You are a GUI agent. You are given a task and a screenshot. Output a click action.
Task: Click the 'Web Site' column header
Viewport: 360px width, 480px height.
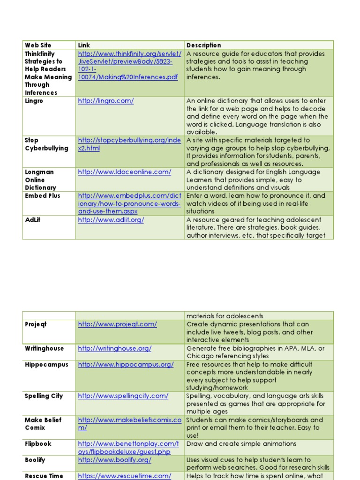[x=38, y=45]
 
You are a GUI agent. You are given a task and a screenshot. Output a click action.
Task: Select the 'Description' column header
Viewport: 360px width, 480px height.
[x=203, y=45]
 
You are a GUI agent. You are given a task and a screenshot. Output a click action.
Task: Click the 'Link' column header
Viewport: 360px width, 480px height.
[x=84, y=45]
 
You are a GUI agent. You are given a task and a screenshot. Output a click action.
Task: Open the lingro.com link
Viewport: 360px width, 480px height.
[x=106, y=101]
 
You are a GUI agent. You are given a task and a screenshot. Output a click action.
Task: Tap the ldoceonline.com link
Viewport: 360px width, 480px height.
[x=124, y=172]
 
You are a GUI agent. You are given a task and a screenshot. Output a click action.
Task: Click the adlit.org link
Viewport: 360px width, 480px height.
[x=111, y=220]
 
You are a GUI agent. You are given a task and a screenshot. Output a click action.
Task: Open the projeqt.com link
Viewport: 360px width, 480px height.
[x=117, y=324]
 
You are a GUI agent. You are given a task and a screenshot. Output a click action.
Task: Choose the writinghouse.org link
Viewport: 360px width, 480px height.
[x=114, y=349]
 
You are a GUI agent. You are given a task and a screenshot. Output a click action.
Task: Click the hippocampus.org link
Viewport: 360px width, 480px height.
[x=126, y=365]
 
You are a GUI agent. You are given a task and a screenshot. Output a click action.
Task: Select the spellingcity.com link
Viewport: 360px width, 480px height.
[x=123, y=396]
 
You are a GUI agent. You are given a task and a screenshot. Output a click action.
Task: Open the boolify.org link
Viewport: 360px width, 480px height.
[x=114, y=460]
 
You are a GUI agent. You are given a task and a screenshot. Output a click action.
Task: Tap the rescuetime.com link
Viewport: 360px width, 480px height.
[x=124, y=476]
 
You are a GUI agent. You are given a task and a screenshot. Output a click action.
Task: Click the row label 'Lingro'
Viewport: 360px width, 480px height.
[x=34, y=101]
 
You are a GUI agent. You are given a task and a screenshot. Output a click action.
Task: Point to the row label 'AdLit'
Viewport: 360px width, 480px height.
[x=32, y=220]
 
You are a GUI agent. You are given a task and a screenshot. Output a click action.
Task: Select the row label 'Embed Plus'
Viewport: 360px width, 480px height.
[x=42, y=196]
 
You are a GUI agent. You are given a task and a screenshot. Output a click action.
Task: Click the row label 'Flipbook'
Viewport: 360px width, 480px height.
[x=38, y=444]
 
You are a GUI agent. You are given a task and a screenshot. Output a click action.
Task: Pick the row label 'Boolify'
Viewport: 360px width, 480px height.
[x=35, y=460]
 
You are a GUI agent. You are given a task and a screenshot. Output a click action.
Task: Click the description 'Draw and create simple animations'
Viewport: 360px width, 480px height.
[x=241, y=444]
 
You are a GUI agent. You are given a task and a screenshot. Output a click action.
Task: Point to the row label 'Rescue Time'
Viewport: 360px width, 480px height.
[x=44, y=476]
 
